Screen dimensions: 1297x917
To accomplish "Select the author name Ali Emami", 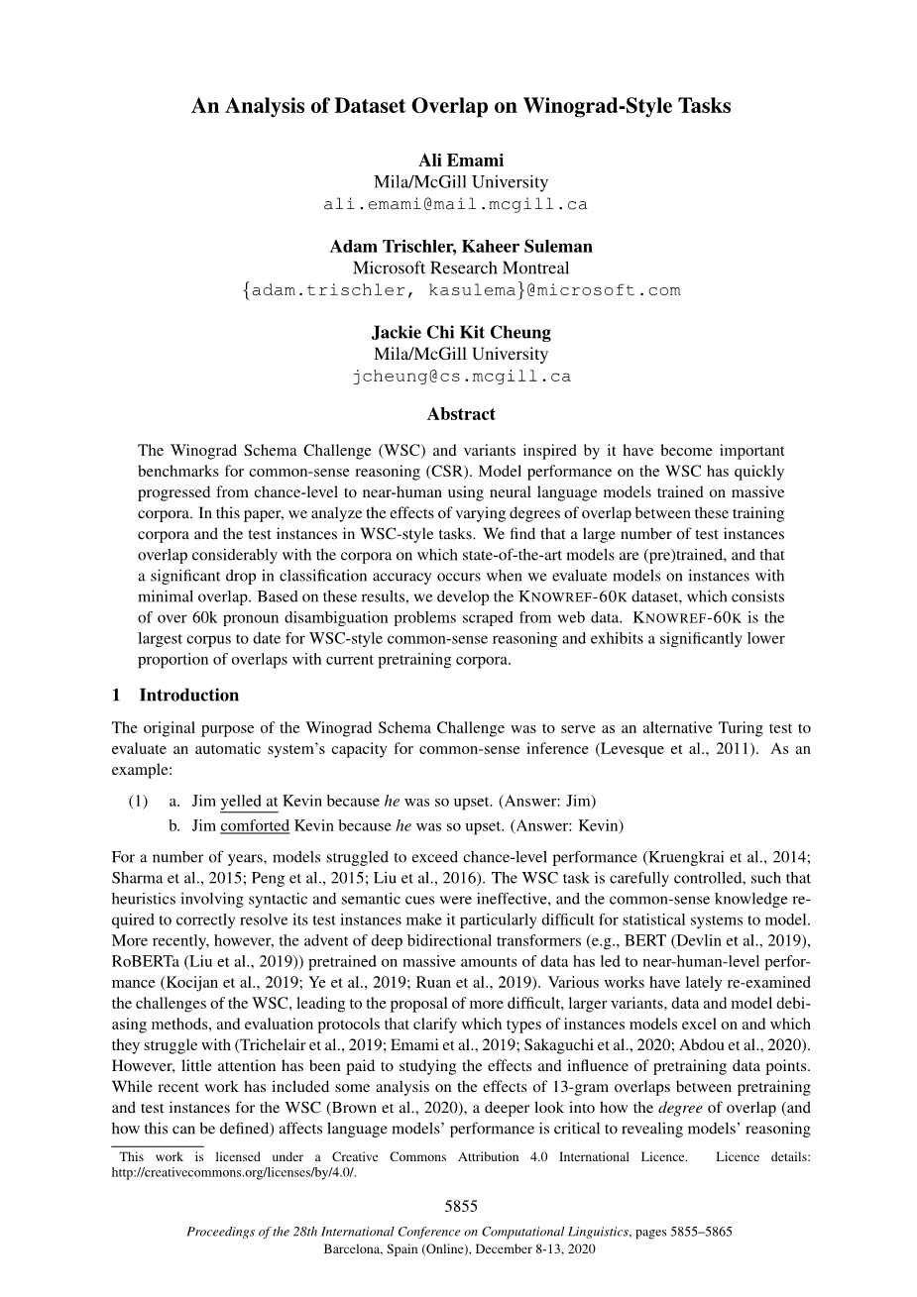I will click(460, 162).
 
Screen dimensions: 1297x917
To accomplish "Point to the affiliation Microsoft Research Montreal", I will click(460, 268).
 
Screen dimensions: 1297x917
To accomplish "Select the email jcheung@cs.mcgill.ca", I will click(460, 377).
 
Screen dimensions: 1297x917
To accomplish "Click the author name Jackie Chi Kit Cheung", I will click(460, 333).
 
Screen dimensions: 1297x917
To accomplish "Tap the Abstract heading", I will click(460, 414).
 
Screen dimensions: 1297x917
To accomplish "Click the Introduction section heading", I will click(188, 695).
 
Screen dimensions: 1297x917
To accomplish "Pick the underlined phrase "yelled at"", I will click(249, 801).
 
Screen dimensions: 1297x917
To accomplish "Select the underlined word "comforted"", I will click(255, 824).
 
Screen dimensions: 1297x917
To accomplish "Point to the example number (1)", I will click(138, 801).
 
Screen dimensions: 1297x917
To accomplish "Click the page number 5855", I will click(460, 1206).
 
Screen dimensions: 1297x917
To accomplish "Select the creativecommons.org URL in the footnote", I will click(234, 1172).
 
